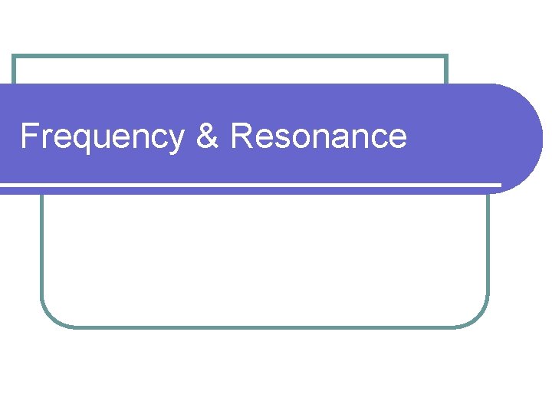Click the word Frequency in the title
pyautogui.click(x=102, y=137)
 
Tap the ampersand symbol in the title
pyautogui.click(x=207, y=136)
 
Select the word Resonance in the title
pyautogui.click(x=318, y=136)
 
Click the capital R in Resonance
pyautogui.click(x=241, y=136)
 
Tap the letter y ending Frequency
pyautogui.click(x=176, y=141)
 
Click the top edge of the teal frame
pyautogui.click(x=230, y=56)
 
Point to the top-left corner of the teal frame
pyautogui.click(x=15, y=57)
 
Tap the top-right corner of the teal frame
pyautogui.click(x=445, y=57)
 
